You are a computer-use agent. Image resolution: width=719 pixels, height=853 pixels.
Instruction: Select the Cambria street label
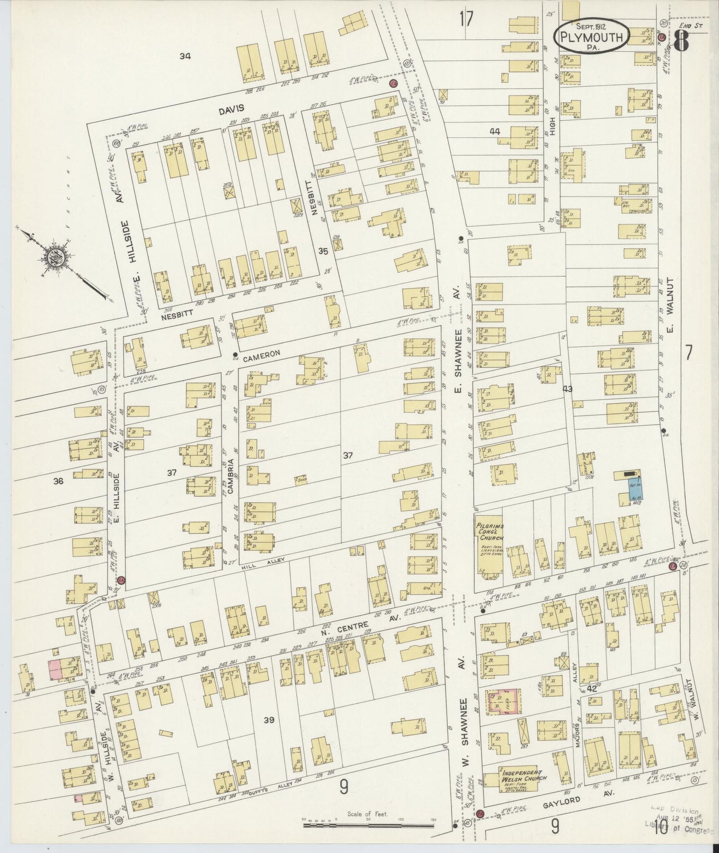[230, 475]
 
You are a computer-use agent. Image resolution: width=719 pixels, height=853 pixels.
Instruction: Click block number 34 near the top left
[185, 57]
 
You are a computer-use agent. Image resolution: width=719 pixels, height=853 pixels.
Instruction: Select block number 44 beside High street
[495, 132]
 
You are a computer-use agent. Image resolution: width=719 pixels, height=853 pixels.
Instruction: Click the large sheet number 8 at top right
[681, 41]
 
